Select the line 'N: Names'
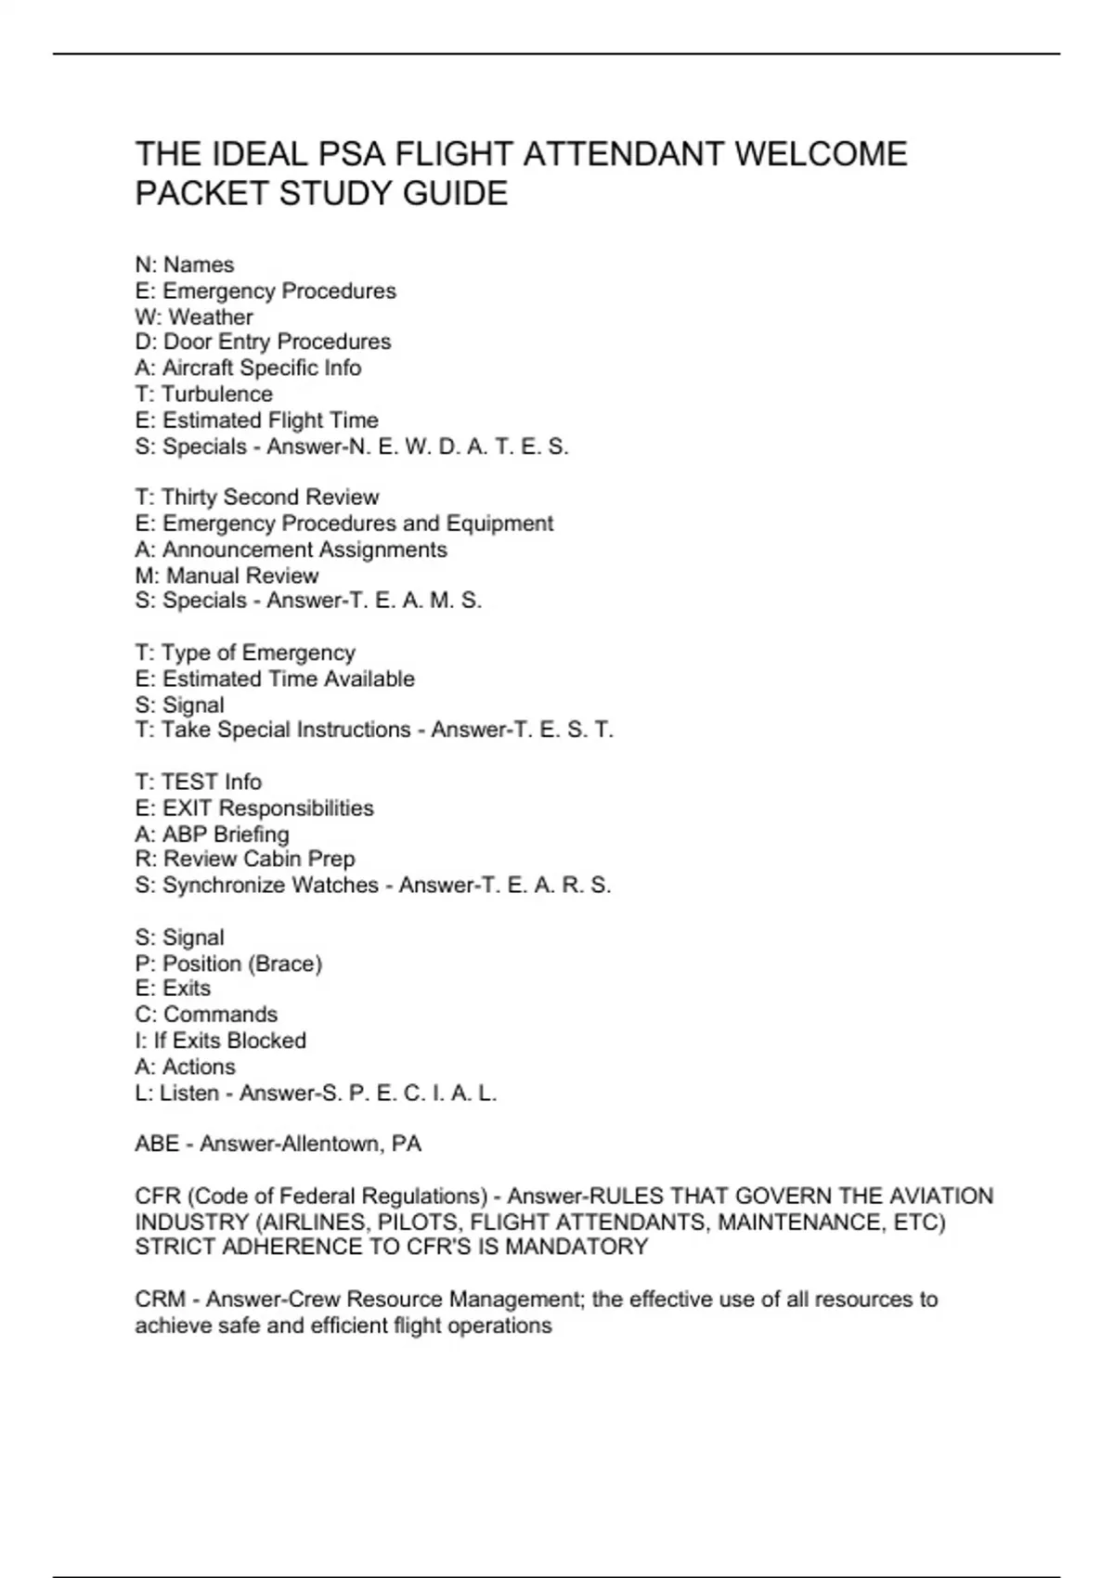tap(185, 265)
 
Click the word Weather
tap(211, 317)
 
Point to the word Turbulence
tap(217, 394)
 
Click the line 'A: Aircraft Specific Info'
tap(248, 369)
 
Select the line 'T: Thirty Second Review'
tap(257, 498)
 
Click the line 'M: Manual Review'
tap(227, 576)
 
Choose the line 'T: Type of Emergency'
tap(245, 653)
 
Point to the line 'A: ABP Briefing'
tap(212, 834)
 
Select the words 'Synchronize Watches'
tap(270, 886)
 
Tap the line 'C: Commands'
tap(206, 1015)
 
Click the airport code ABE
tap(157, 1144)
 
